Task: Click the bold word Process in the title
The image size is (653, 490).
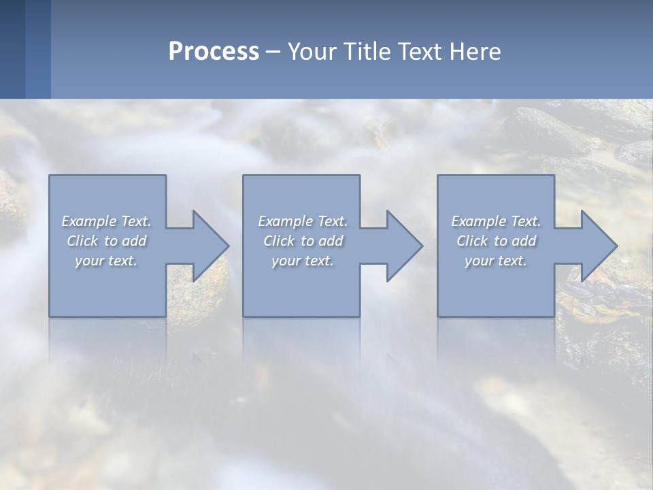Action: (214, 52)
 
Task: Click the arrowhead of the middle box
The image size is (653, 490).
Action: (404, 246)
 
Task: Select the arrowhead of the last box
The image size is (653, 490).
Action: (599, 246)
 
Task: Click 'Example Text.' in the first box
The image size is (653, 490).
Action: (106, 221)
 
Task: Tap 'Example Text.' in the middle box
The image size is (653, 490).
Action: (303, 221)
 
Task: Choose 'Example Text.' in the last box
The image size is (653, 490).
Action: (496, 221)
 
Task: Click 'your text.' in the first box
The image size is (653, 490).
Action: (106, 261)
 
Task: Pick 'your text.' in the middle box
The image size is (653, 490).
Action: (303, 261)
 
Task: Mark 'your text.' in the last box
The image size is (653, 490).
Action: (496, 261)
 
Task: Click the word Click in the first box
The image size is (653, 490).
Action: (82, 241)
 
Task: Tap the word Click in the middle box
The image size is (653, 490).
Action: (279, 241)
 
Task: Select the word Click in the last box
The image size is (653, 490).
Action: (472, 241)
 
